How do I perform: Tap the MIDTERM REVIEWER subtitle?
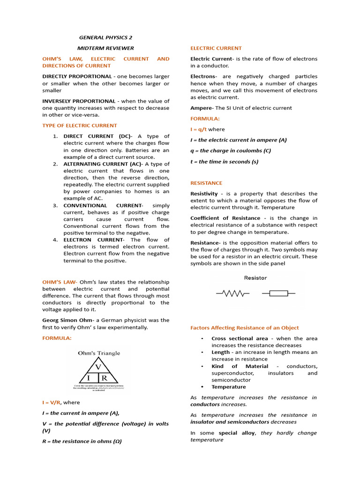[x=105, y=48]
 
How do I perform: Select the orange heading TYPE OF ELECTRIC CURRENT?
[x=80, y=126]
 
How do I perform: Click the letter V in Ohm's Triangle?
[x=98, y=367]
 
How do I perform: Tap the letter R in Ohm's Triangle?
[x=104, y=378]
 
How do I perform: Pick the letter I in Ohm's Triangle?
[x=88, y=378]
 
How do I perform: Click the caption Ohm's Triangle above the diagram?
[x=99, y=353]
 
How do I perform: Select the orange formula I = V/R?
[x=52, y=402]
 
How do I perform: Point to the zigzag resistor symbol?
[x=232, y=293]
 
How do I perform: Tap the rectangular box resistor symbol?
[x=278, y=293]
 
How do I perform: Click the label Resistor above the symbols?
[x=255, y=278]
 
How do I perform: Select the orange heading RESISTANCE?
[x=206, y=183]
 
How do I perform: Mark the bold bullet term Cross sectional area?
[x=240, y=338]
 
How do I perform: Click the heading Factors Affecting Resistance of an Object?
[x=244, y=328]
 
